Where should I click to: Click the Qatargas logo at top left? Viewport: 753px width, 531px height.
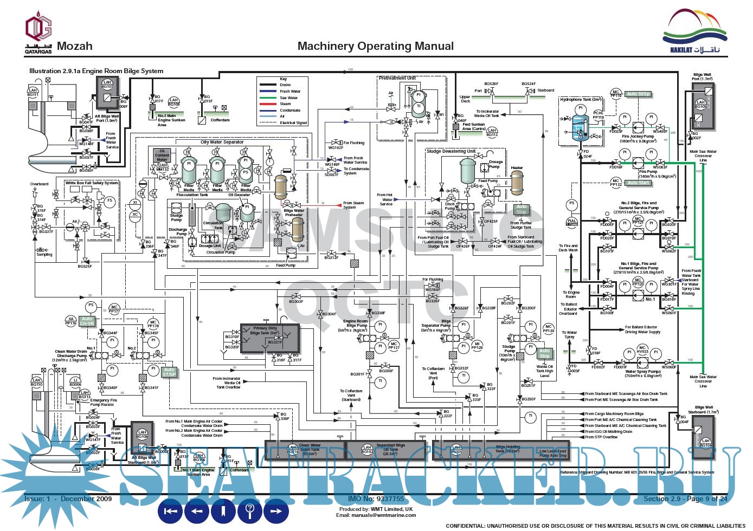(38, 34)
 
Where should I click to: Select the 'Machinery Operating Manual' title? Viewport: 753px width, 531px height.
(376, 46)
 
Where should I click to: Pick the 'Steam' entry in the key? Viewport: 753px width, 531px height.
(285, 104)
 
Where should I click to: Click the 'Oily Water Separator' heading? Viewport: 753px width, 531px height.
(222, 142)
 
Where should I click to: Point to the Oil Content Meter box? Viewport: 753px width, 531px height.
(162, 156)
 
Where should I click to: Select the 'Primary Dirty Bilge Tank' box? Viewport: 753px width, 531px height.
(269, 337)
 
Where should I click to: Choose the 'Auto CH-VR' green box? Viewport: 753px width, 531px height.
(87, 321)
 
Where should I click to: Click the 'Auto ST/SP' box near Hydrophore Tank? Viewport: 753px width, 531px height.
(638, 94)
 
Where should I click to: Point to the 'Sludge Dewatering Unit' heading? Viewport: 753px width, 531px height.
(450, 151)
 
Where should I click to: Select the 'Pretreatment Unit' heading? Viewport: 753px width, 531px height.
(397, 79)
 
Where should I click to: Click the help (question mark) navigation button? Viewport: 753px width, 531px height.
(250, 510)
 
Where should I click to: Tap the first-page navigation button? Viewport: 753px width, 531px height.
(171, 510)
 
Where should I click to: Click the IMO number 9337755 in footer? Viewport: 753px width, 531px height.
(376, 499)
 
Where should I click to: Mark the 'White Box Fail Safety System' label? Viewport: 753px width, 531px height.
(92, 183)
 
